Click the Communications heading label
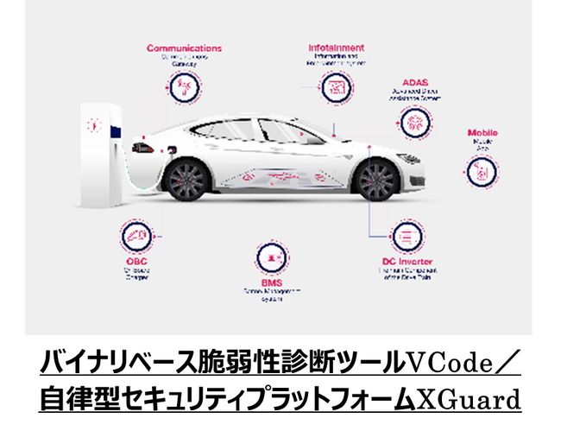point(184,48)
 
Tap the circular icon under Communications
point(183,86)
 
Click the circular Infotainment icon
point(335,86)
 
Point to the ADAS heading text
point(415,83)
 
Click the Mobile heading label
point(482,133)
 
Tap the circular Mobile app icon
point(482,170)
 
